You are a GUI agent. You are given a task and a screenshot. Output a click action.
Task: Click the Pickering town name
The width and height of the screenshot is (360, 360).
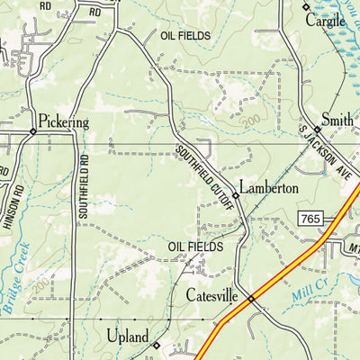click(x=64, y=120)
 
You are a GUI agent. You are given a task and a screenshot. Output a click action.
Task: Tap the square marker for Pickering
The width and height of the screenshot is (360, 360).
click(x=32, y=131)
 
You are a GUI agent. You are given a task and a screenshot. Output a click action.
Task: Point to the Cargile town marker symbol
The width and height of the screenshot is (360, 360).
click(x=305, y=7)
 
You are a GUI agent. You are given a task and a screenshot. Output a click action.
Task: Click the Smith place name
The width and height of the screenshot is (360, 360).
click(x=337, y=118)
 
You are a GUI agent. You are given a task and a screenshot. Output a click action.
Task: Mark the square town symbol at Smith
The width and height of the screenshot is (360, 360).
click(x=317, y=130)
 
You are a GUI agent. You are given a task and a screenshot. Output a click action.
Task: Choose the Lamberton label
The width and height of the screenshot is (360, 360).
click(x=269, y=189)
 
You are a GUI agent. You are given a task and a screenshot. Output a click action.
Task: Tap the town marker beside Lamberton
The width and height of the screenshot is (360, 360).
click(x=236, y=194)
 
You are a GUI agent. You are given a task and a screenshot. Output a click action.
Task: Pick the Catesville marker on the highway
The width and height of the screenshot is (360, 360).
click(x=251, y=299)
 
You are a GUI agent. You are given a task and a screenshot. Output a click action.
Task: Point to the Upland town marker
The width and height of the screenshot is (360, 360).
click(x=156, y=345)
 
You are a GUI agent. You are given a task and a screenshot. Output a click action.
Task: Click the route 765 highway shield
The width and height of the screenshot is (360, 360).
click(x=310, y=219)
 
